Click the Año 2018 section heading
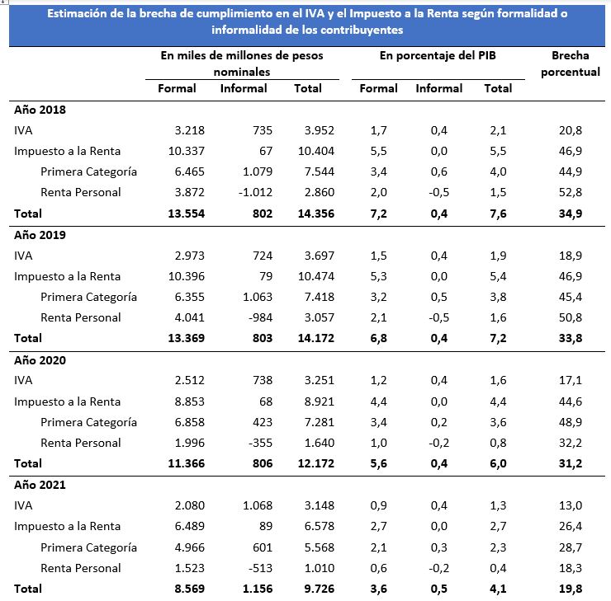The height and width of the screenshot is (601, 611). click(40, 110)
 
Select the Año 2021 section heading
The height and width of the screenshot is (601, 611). click(40, 485)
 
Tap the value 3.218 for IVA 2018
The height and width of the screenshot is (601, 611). click(189, 130)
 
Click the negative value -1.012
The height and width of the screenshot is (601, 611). click(255, 192)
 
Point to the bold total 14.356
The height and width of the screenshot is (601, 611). click(316, 214)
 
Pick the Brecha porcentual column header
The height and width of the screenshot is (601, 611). click(570, 63)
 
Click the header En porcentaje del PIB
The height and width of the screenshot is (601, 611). click(438, 55)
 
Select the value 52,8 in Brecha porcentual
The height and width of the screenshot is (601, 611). click(570, 192)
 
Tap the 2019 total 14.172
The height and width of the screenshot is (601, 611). click(316, 338)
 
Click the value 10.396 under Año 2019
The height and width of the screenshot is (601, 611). click(187, 276)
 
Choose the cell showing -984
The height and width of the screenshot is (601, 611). click(260, 317)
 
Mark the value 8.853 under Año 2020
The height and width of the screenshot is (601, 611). click(189, 401)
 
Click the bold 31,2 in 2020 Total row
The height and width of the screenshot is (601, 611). click(570, 463)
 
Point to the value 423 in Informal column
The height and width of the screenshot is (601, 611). click(263, 422)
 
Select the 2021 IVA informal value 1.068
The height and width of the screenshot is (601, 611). click(258, 505)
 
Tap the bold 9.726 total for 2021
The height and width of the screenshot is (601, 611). click(320, 589)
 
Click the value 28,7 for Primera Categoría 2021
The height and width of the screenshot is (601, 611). click(570, 547)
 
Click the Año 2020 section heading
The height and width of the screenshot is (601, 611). click(40, 360)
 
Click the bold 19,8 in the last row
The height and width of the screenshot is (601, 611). click(570, 589)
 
